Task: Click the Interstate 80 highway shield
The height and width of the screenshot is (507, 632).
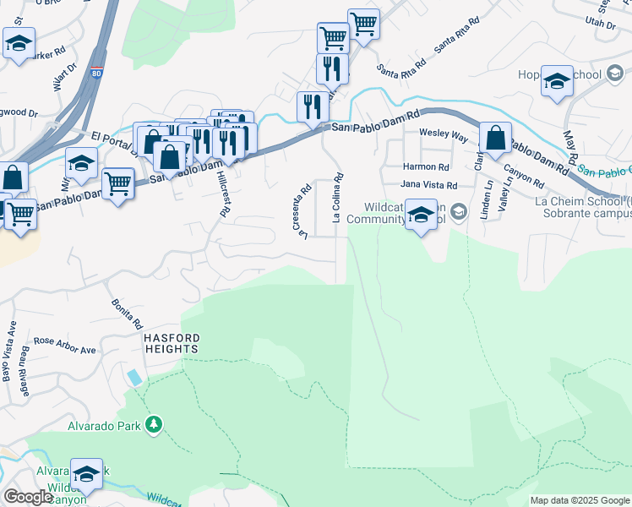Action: pos(97,63)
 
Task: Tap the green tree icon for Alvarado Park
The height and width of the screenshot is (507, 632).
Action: pos(154,424)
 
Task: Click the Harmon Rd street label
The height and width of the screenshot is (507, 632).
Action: pos(424,167)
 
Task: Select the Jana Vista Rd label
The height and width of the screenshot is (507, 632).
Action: pos(428,185)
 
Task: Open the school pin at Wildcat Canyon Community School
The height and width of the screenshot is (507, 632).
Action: pos(421,215)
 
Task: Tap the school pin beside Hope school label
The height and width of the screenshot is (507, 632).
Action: pos(557,82)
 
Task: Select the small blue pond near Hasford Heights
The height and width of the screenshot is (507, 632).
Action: pos(135,377)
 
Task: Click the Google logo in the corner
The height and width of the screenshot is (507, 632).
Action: pos(27,497)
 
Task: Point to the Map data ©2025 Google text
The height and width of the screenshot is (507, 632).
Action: pos(579,500)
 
